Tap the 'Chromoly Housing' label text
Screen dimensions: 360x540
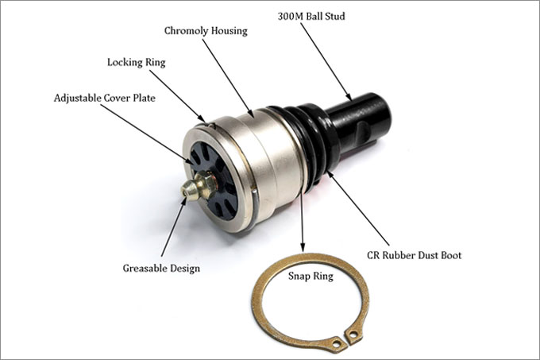click(206, 31)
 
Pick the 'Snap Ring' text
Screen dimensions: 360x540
click(310, 277)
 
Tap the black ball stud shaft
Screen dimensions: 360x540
click(361, 124)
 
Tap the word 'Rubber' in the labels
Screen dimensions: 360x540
click(402, 255)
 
